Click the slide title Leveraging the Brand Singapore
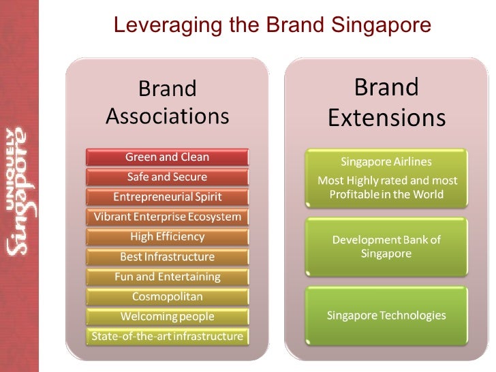[272, 25]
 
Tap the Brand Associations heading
[167, 102]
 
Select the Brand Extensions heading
[386, 102]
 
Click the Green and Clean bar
[167, 157]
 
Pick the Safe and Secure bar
[167, 176]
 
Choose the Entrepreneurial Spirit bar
[167, 197]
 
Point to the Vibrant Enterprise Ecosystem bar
[167, 217]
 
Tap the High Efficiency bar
[167, 236]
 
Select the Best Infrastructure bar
[167, 257]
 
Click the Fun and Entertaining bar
[167, 277]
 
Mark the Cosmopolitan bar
[167, 296]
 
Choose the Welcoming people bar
[167, 316]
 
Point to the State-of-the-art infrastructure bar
[167, 336]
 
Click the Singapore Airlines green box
[386, 178]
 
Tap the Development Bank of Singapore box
[386, 247]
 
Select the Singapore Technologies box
[386, 315]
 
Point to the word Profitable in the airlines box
[356, 194]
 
